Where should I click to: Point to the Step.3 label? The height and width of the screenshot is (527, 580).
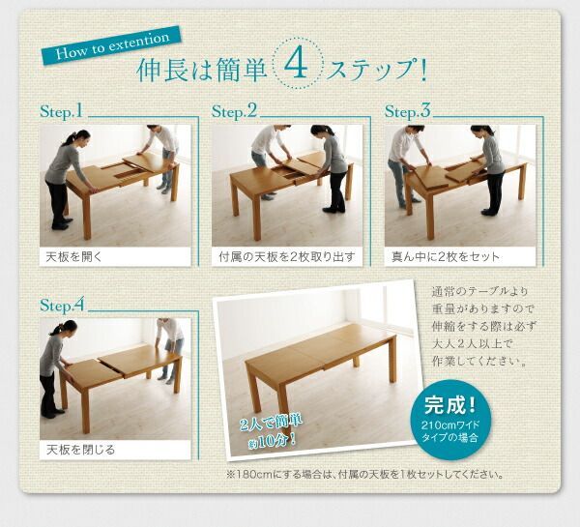pyautogui.click(x=407, y=111)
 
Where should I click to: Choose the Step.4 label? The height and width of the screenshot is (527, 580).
pyautogui.click(x=64, y=305)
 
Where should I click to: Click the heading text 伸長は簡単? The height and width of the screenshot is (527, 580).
pyautogui.click(x=202, y=72)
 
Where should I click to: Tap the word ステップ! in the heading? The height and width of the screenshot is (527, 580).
pyautogui.click(x=378, y=72)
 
